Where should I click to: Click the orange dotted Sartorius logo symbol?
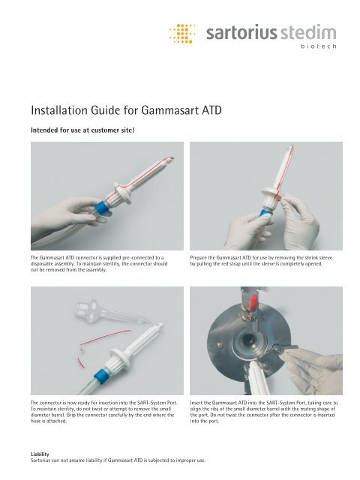point(181,34)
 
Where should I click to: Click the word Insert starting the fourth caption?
point(199,403)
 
